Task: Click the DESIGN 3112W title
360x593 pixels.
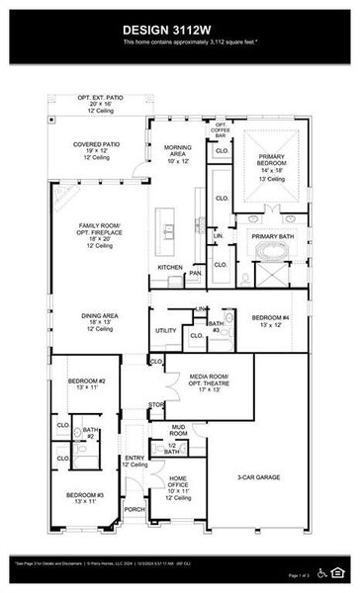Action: point(179,31)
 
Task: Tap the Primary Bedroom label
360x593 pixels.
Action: point(271,163)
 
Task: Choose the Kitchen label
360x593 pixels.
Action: point(169,268)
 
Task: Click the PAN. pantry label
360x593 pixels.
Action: point(196,273)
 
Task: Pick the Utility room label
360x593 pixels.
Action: point(165,330)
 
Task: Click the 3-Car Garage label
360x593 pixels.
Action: point(259,477)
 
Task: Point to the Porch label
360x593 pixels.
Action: point(135,510)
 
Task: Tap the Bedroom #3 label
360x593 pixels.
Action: point(85,497)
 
